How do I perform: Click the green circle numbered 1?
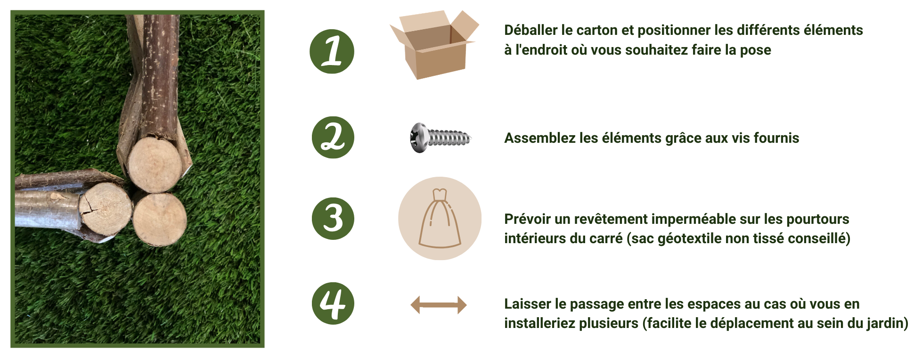tap(332, 51)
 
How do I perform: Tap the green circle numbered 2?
tap(333, 138)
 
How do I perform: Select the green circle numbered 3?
tap(333, 219)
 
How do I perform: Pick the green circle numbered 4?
tap(333, 303)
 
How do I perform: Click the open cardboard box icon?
tap(434, 45)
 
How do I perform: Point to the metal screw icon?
tap(440, 138)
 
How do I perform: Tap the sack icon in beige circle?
tap(440, 219)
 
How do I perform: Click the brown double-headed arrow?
tap(438, 305)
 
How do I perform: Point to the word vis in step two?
tap(741, 138)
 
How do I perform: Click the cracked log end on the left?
tap(105, 209)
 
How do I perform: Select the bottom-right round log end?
tap(160, 219)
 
